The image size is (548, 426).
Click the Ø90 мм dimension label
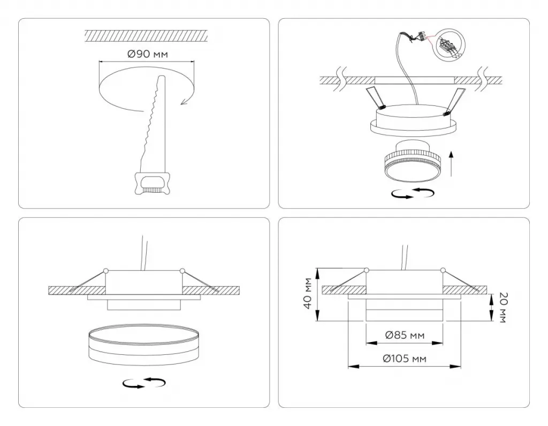pos(148,54)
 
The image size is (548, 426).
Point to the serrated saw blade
pos(153,124)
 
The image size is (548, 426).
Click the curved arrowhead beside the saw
pos(184,101)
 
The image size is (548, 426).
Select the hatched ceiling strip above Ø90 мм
pos(146,36)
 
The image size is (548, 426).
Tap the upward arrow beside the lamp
pos(451,163)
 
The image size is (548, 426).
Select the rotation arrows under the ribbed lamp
pos(413,193)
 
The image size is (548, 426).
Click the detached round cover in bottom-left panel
pos(144,344)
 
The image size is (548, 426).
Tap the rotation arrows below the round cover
pos(144,383)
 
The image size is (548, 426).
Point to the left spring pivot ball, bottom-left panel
pos(106,270)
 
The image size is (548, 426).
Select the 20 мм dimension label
pos(503,307)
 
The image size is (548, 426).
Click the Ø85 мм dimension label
pos(405,335)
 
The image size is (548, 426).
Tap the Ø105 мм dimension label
pos(405,359)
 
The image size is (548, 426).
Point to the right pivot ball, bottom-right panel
pos(443,270)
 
